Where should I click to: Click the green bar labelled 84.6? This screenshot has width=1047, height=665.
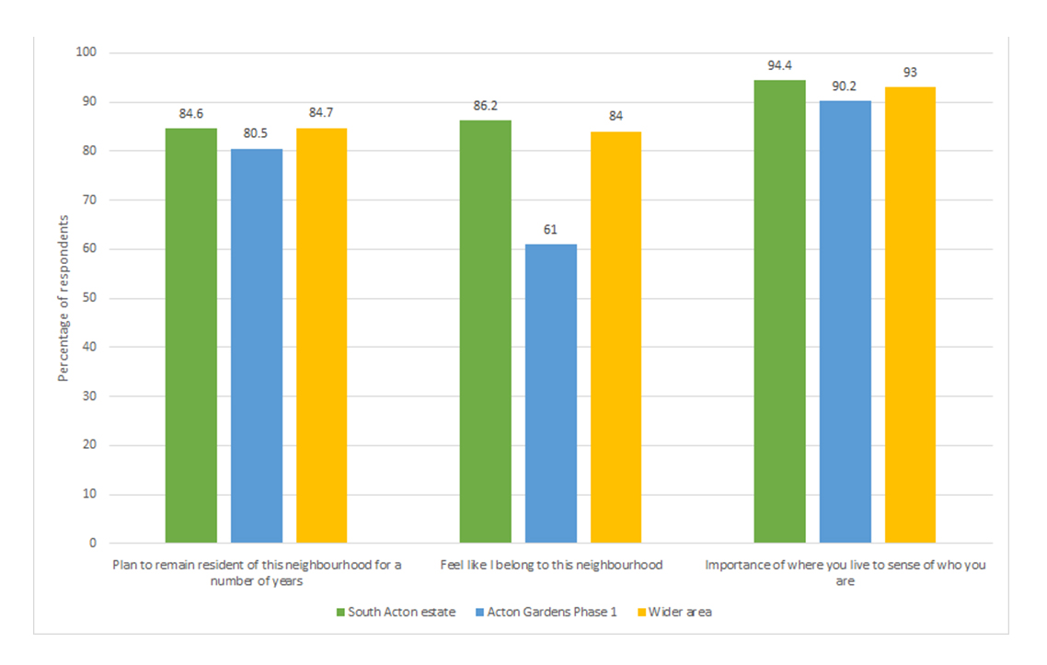click(x=191, y=336)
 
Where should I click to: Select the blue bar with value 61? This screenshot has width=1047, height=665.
click(x=550, y=394)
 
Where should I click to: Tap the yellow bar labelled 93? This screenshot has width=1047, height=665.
click(x=910, y=315)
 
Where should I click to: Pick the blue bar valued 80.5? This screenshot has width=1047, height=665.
click(x=257, y=346)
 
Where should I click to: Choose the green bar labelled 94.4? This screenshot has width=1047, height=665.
click(x=779, y=311)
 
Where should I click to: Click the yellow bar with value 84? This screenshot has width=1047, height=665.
click(x=616, y=337)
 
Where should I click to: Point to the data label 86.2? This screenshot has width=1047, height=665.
click(x=486, y=106)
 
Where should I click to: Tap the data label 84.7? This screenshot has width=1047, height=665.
click(x=322, y=113)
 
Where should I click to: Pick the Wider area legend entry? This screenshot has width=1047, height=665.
click(x=680, y=613)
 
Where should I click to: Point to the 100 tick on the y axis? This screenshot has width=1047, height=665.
click(x=86, y=52)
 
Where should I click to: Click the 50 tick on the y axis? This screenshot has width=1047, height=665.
click(x=90, y=298)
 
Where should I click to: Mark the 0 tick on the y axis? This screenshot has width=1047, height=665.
click(x=93, y=544)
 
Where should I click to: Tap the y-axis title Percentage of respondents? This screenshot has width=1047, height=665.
click(x=63, y=298)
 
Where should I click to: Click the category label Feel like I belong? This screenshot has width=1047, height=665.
click(x=551, y=565)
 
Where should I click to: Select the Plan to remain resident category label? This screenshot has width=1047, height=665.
click(x=257, y=572)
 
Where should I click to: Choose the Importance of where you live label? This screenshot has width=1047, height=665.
click(x=845, y=572)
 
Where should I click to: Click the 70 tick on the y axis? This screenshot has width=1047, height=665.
click(x=90, y=200)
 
